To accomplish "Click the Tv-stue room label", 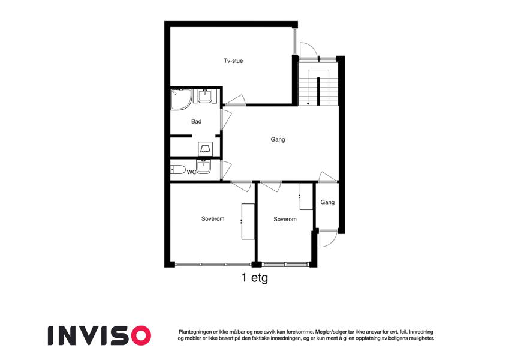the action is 233,61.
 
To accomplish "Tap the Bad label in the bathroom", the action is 196,121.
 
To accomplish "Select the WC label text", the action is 191,172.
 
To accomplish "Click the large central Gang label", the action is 278,139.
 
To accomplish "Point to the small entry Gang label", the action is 327,202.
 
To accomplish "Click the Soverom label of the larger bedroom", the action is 213,218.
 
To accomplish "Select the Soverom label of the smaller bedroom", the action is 285,219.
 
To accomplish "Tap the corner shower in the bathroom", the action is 181,99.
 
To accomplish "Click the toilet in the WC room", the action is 178,169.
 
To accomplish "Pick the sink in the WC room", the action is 204,166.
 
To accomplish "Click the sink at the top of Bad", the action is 205,96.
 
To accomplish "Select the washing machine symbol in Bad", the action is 205,149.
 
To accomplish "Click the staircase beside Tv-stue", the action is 318,87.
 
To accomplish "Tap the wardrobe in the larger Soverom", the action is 248,221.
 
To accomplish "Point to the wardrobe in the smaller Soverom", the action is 306,196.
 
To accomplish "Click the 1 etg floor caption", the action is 254,278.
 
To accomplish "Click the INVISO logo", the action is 100,335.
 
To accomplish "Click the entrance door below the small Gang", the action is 328,239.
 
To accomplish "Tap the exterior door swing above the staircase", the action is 308,50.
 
